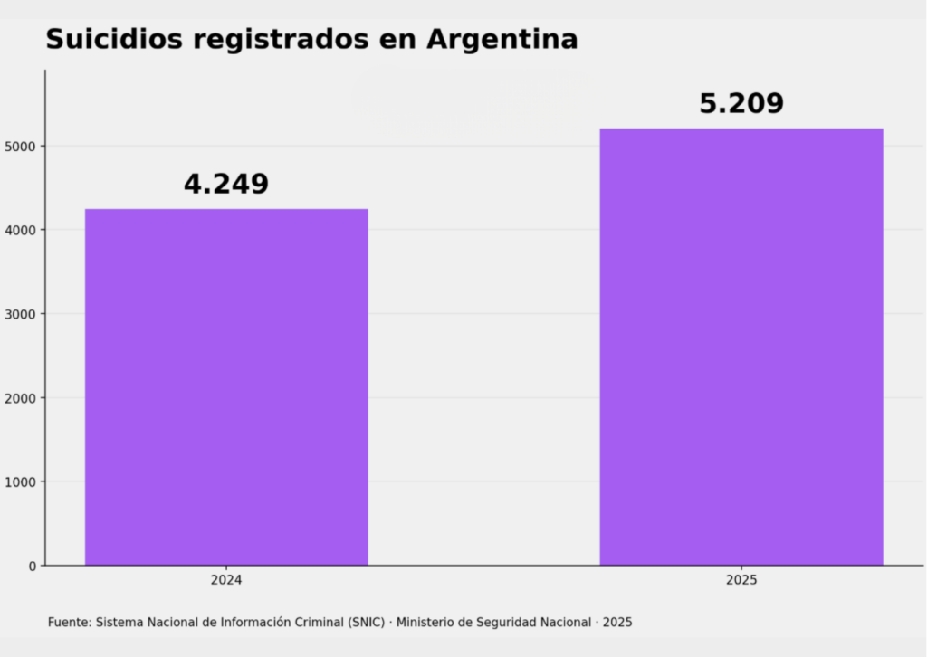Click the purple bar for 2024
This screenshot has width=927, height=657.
[226, 387]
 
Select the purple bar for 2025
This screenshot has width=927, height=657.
[741, 347]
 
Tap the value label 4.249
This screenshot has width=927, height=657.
[226, 184]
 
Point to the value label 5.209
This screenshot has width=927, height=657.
[741, 103]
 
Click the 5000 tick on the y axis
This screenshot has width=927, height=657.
[20, 147]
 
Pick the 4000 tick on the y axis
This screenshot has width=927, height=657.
[20, 231]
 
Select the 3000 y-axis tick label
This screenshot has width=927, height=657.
[20, 314]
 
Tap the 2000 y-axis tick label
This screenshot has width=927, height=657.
[20, 398]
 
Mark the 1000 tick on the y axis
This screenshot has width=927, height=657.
[20, 482]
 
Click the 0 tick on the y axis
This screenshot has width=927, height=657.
[33, 567]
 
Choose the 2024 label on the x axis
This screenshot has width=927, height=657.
[226, 580]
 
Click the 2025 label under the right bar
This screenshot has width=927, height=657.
[741, 580]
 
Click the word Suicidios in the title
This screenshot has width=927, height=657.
[114, 40]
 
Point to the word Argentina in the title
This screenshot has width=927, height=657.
[502, 40]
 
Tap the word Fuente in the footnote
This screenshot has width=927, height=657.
[70, 622]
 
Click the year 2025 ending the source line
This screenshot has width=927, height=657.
[617, 622]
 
